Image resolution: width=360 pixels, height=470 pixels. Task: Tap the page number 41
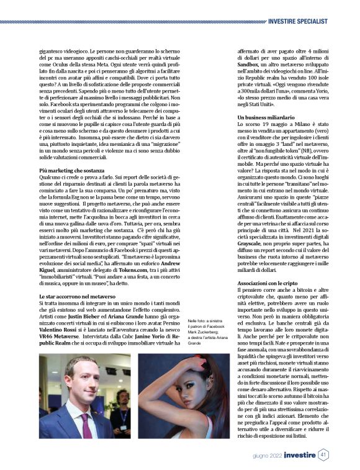click(x=323, y=454)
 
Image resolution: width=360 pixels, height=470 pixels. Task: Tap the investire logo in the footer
click(x=300, y=454)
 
